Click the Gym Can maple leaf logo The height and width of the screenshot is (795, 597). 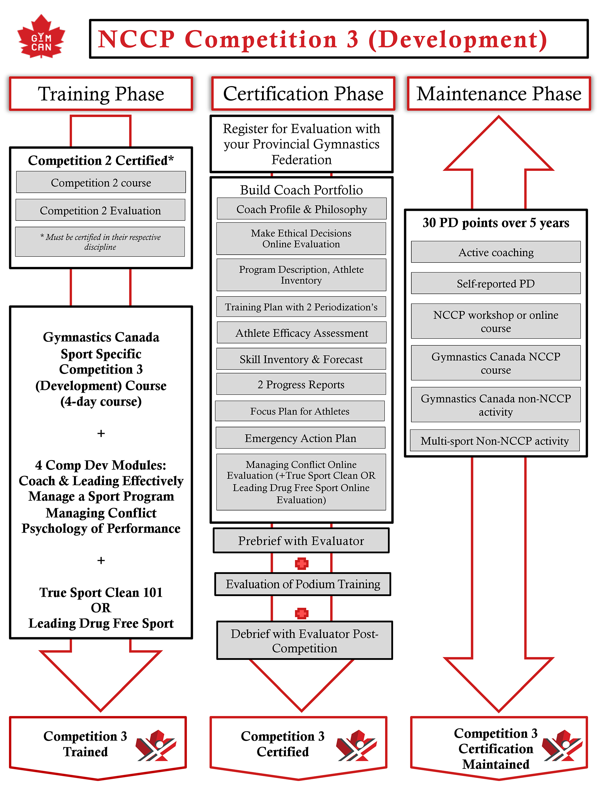(41, 37)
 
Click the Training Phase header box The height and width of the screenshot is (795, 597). (101, 94)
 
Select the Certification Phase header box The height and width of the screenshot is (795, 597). (303, 94)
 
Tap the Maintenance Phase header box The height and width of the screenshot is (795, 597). (499, 94)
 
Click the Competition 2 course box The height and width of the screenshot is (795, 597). (101, 182)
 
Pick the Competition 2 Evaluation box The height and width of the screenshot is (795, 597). (100, 210)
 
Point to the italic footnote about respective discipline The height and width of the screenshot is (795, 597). (100, 242)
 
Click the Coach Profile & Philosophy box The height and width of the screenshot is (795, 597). (301, 209)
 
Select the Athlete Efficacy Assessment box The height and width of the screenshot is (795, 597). (301, 333)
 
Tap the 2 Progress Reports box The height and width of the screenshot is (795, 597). (301, 384)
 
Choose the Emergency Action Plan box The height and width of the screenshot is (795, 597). (301, 438)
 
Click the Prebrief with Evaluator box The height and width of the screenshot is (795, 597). (301, 541)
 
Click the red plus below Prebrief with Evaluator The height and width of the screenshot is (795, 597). (301, 563)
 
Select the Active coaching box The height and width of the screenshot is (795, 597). (496, 252)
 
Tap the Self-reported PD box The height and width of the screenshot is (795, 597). (496, 283)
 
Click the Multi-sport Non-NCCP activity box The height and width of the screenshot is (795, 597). (495, 440)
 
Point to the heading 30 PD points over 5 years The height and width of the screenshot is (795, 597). (496, 223)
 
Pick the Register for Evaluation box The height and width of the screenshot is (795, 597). (301, 144)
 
